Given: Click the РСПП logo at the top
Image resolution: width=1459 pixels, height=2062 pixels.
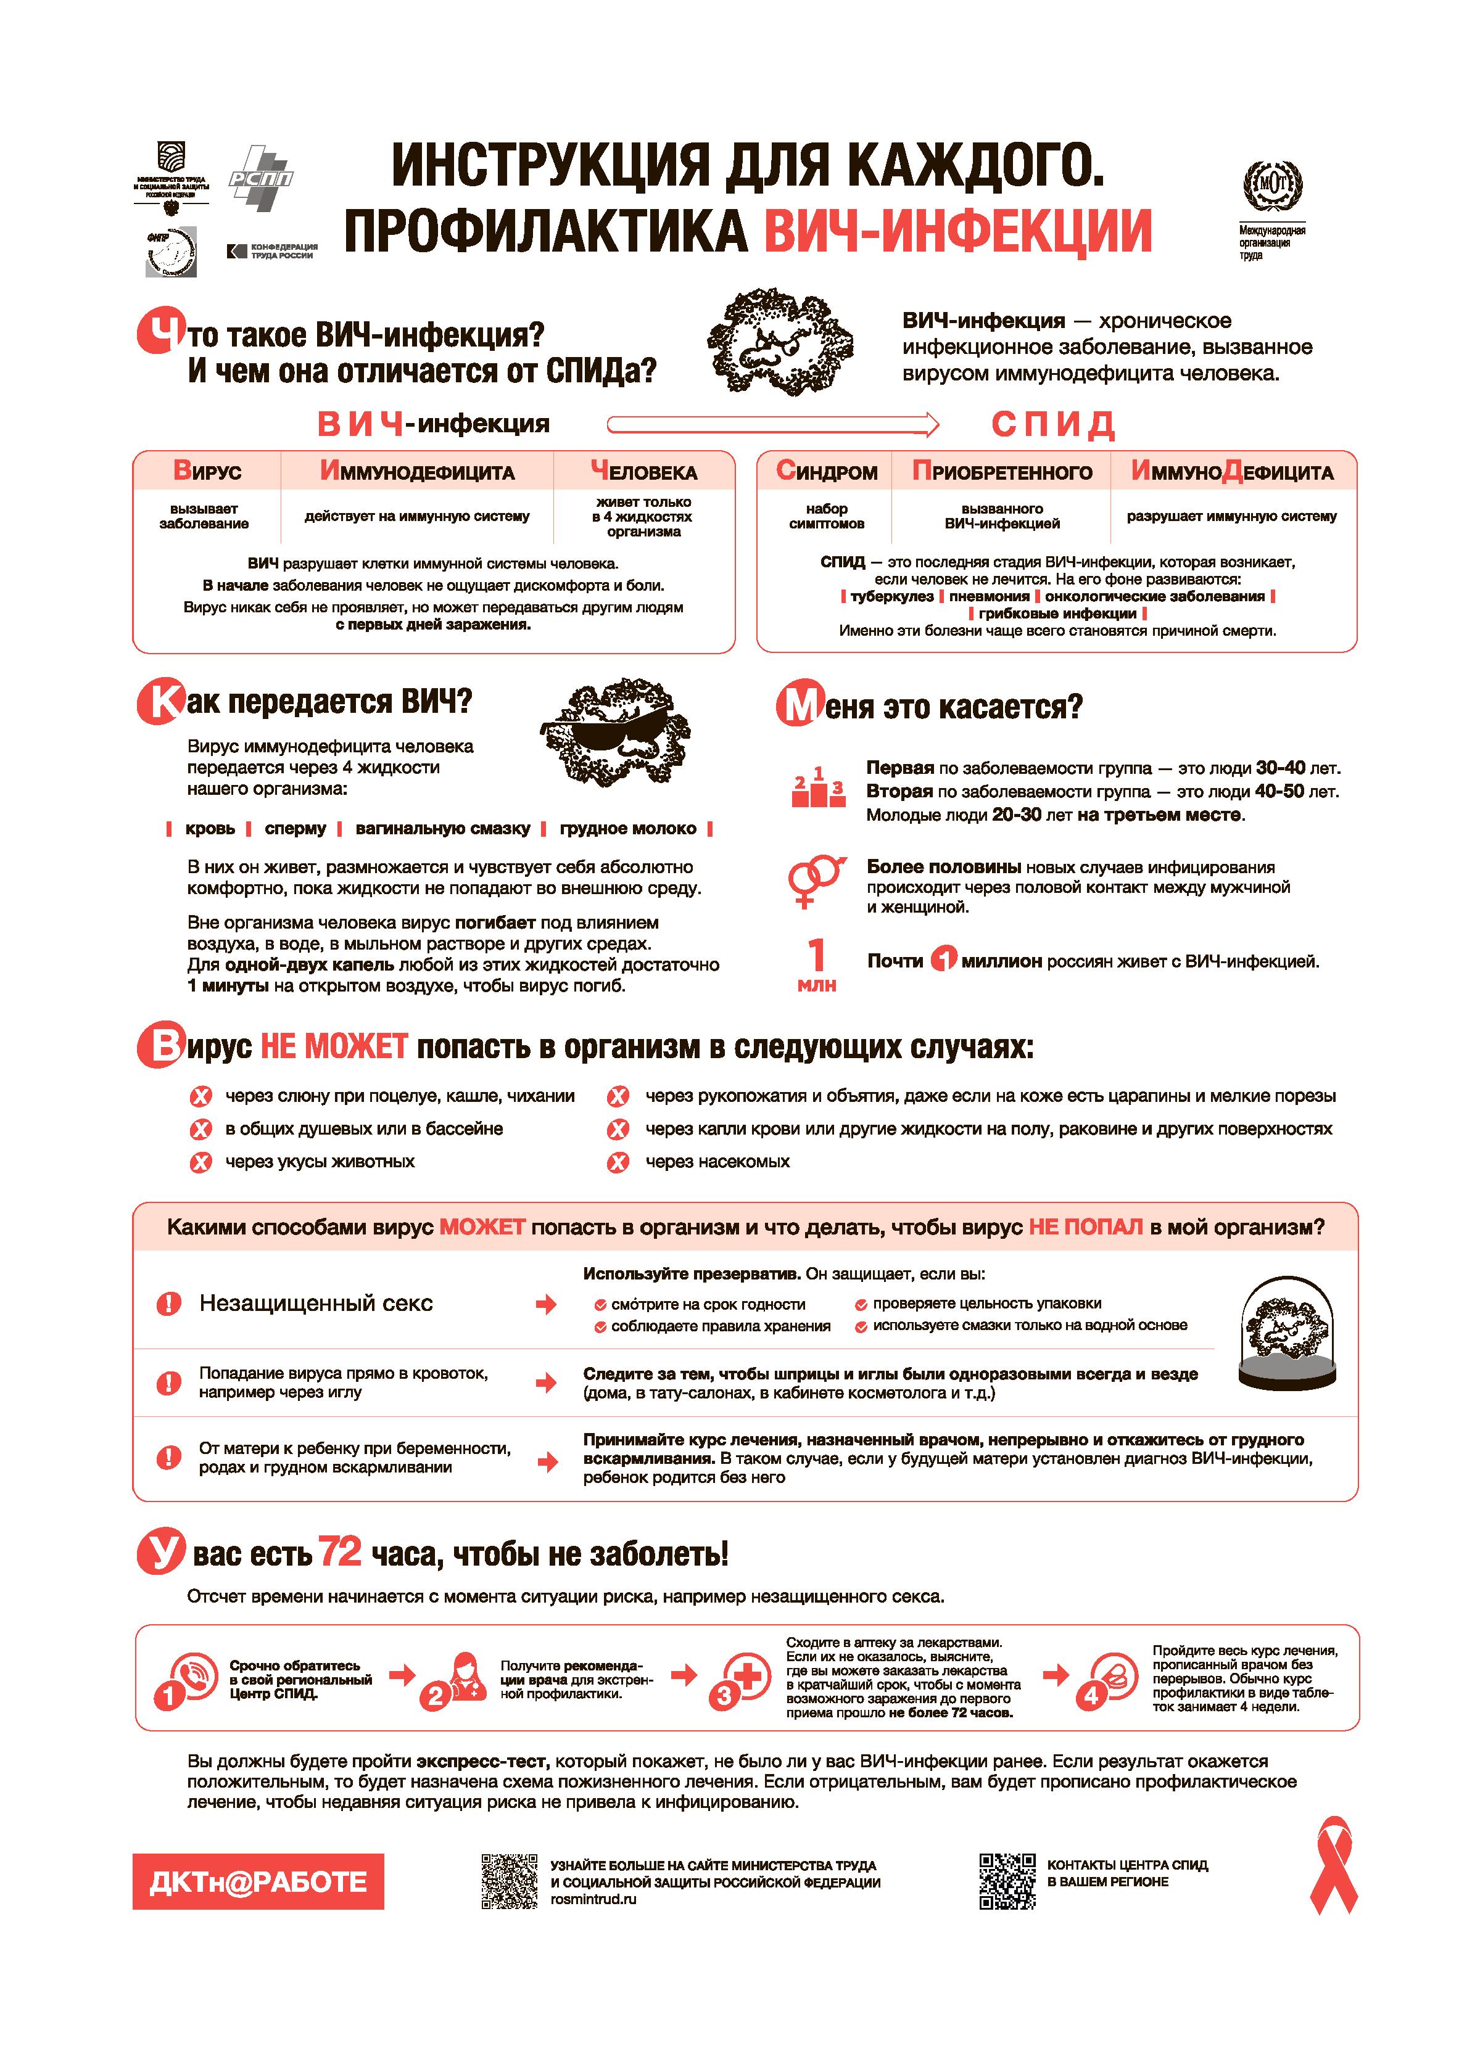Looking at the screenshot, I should pyautogui.click(x=260, y=178).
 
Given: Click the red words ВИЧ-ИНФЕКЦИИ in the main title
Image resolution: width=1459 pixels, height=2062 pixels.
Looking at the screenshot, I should pyautogui.click(x=957, y=231).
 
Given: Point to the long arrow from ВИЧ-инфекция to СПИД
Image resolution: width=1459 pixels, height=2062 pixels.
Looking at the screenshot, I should pyautogui.click(x=772, y=424).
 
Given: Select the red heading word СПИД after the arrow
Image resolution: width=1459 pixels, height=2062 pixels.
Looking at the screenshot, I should pyautogui.click(x=1053, y=424).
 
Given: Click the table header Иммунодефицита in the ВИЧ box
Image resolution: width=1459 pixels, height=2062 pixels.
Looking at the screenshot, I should pyautogui.click(x=418, y=472).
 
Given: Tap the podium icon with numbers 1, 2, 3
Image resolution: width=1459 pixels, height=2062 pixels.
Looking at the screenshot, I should pyautogui.click(x=817, y=787).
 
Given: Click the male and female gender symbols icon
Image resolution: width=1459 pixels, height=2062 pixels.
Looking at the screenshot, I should pyautogui.click(x=815, y=880).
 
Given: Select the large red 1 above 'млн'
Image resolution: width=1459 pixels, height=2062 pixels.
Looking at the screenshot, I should pyautogui.click(x=816, y=955).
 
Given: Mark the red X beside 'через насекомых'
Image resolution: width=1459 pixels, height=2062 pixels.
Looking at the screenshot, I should pyautogui.click(x=618, y=1163).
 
